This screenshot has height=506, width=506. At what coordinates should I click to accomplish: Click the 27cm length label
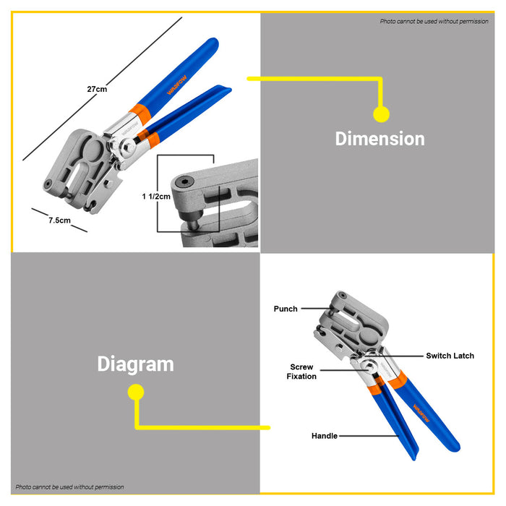97,89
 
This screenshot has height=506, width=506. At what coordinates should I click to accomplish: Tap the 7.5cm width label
59,220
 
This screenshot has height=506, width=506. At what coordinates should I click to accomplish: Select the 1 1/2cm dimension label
156,196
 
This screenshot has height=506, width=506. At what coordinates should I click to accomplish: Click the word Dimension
379,139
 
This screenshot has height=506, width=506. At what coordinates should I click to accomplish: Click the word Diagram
136,364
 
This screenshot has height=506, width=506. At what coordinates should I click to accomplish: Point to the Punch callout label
286,309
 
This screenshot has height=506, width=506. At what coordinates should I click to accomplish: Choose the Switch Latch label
450,356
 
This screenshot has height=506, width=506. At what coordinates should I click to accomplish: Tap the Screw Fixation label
301,372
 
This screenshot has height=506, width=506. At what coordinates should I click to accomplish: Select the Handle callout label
325,436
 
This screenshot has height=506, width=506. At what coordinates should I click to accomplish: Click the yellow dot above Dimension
381,114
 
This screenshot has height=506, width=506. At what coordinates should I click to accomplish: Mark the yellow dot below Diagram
136,392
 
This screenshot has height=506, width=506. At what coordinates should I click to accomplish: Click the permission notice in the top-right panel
434,21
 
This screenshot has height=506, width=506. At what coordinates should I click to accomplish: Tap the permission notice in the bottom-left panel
69,487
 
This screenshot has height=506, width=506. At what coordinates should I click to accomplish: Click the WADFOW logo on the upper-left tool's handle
176,85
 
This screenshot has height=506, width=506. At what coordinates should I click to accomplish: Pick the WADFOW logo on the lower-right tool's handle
421,413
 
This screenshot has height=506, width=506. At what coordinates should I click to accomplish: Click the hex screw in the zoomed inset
185,182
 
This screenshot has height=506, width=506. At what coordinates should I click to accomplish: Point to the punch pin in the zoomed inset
193,225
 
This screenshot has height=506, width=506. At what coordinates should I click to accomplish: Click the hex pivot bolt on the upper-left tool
129,147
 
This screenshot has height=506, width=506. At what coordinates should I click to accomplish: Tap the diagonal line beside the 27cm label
103,89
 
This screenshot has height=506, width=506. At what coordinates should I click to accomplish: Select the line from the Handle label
369,436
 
